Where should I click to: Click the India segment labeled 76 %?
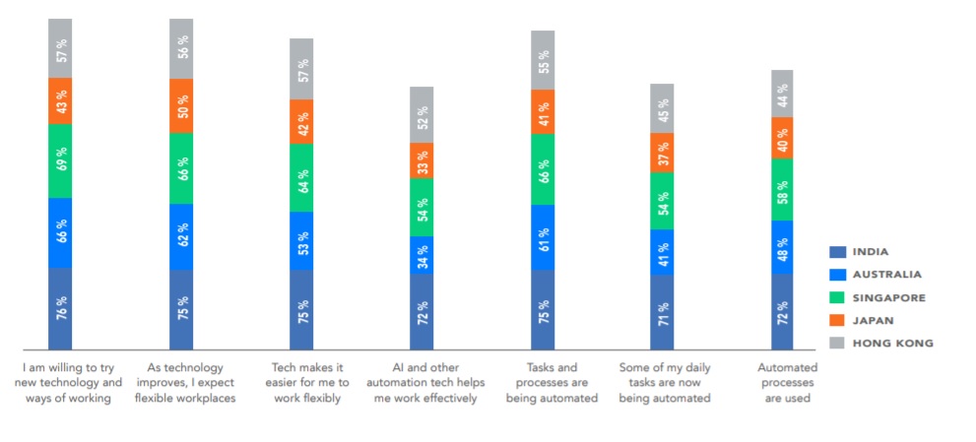pos(60,308)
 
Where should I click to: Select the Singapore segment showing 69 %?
pos(60,160)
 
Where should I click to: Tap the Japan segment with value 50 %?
pos(181,106)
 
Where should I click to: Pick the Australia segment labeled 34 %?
pos(422,255)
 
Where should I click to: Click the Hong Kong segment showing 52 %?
pos(422,115)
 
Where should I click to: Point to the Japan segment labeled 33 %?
pos(422,161)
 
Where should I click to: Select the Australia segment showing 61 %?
pos(543,237)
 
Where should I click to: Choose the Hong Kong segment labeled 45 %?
pos(662,108)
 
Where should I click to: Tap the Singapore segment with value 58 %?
pos(783,189)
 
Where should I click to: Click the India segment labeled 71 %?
pos(662,312)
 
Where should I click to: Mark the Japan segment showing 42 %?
pos(301,122)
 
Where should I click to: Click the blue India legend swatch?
pos(839,252)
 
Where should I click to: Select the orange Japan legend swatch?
pos(839,320)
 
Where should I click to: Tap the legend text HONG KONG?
pos(893,344)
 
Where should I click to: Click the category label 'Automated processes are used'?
pos(784,382)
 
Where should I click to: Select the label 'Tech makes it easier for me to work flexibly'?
pos(302,382)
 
